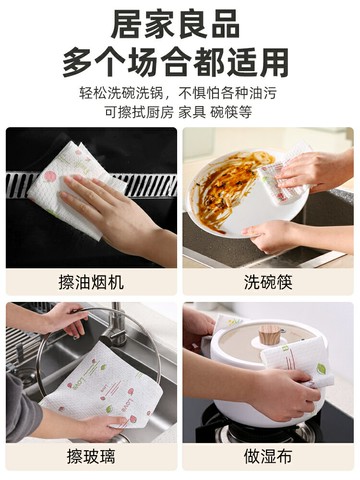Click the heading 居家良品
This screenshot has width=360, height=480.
(180, 24)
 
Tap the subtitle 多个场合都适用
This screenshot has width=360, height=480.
(180, 62)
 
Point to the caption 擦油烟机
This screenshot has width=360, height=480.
(91, 283)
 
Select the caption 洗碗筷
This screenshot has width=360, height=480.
(268, 283)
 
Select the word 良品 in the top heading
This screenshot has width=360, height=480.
(214, 24)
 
